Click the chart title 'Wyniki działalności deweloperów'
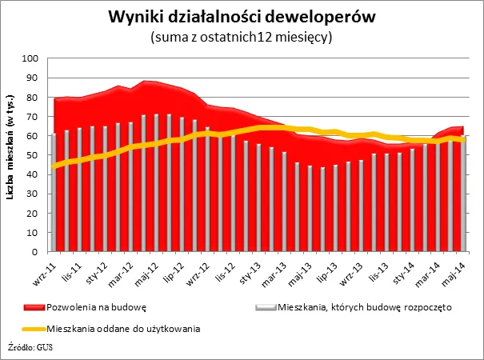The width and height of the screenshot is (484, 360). pyautogui.click(x=242, y=17)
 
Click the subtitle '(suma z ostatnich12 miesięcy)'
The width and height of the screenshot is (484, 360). pyautogui.click(x=242, y=37)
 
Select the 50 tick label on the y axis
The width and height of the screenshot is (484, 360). pyautogui.click(x=35, y=155)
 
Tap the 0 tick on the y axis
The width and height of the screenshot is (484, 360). pyautogui.click(x=38, y=252)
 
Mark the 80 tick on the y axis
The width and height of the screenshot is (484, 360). pyautogui.click(x=35, y=98)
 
